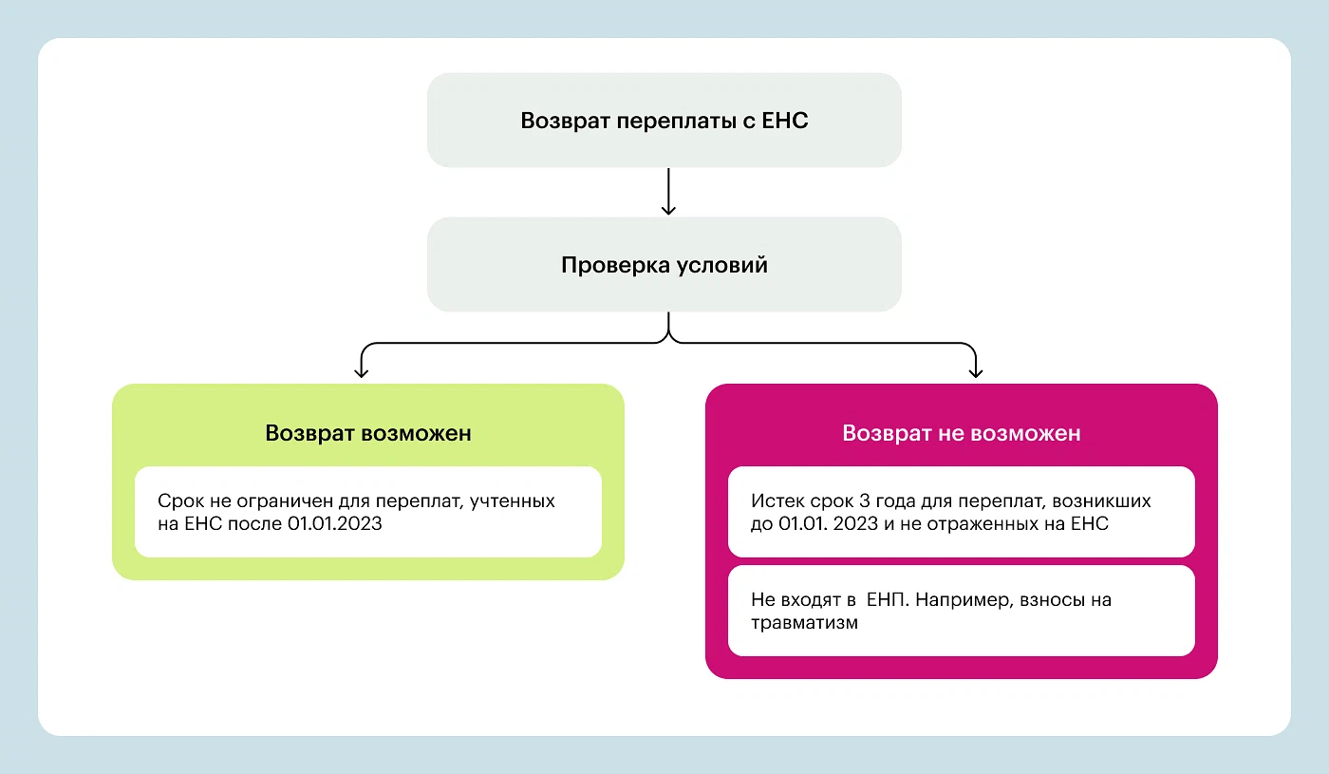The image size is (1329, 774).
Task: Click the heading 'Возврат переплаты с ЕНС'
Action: [x=664, y=121]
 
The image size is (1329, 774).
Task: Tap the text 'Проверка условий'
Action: [x=664, y=265]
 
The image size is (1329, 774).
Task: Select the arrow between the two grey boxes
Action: [x=668, y=191]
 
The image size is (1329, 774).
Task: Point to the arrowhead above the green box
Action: [x=362, y=372]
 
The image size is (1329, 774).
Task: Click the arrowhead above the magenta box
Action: [x=976, y=372]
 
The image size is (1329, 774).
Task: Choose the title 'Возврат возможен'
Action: [x=368, y=433]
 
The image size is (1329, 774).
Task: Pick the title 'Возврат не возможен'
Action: [x=961, y=433]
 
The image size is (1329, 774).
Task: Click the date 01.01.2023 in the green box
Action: [x=334, y=523]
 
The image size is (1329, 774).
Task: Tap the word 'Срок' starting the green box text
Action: [x=181, y=501]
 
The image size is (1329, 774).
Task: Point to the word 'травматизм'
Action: [x=805, y=623]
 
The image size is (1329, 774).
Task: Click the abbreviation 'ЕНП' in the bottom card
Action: [x=888, y=599]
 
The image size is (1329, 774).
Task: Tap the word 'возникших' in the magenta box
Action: [x=1101, y=501]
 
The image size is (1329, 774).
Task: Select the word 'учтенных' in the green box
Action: [x=512, y=502]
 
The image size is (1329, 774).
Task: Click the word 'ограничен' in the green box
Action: [x=285, y=502]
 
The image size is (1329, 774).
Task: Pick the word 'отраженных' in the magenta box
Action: [x=991, y=524]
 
